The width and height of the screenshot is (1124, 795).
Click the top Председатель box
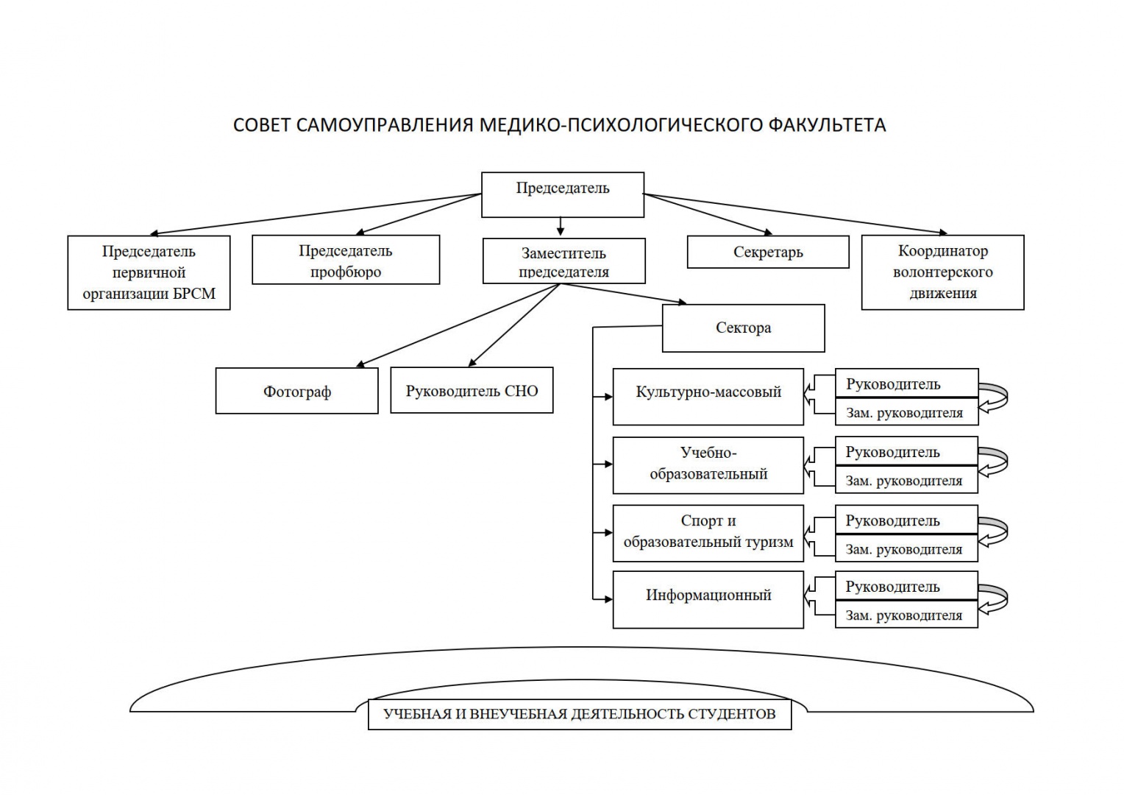coord(563,195)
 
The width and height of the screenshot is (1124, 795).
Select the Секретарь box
coord(768,252)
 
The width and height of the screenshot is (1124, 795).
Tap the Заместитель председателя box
coord(564,261)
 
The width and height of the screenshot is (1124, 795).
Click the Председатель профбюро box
coord(346,260)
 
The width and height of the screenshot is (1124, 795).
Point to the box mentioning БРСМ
coord(149,272)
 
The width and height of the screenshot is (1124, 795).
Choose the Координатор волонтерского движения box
coord(943,272)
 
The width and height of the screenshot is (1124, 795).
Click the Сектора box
coord(744,328)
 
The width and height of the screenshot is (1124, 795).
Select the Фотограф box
coord(297,391)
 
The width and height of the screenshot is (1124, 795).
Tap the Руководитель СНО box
coord(472,390)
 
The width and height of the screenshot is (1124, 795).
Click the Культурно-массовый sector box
coord(708,397)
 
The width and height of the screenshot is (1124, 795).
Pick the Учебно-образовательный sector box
coord(708,465)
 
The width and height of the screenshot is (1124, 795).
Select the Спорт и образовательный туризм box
coord(708,534)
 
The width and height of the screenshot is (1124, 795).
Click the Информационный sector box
coord(708,600)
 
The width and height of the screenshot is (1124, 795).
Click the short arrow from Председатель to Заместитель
coord(561,227)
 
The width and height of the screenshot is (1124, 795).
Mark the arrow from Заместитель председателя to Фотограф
coord(458,325)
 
